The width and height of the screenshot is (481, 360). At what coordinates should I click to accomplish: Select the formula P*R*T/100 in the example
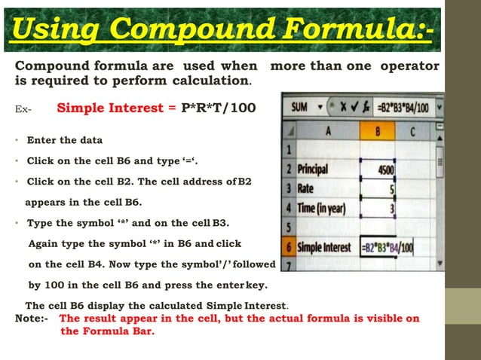pos(218,108)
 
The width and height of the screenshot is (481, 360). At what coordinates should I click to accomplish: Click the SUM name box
pos(299,107)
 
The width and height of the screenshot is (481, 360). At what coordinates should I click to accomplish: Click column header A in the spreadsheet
pos(329,130)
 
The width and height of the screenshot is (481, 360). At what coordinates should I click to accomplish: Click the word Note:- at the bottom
pos(32,319)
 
